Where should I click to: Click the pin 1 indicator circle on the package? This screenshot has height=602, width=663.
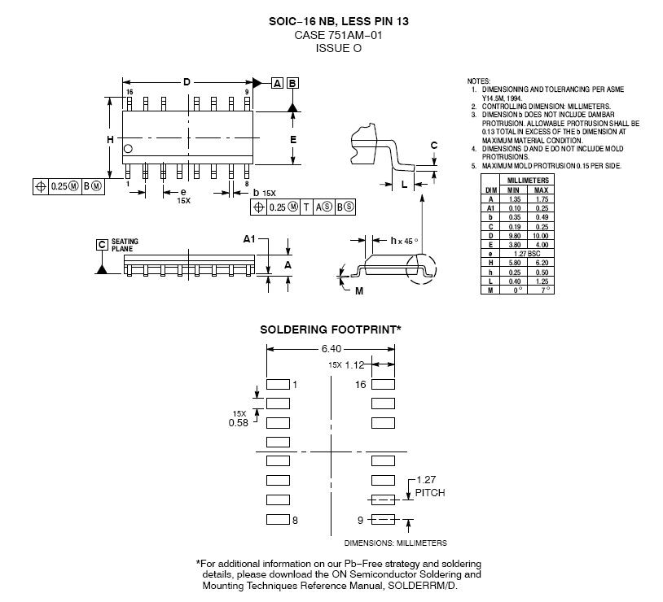(129, 149)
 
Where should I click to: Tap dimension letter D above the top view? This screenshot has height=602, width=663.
(187, 83)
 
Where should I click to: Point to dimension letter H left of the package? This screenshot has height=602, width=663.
(110, 139)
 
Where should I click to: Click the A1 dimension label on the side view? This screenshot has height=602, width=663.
(250, 239)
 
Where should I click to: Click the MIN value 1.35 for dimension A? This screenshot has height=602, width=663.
(515, 198)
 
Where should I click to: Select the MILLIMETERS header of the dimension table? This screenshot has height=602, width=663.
(528, 179)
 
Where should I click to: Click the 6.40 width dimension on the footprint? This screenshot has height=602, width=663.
(331, 348)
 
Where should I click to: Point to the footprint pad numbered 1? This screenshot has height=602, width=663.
(278, 383)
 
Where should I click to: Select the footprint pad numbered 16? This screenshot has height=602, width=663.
(383, 383)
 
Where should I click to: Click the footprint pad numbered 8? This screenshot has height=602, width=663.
(278, 519)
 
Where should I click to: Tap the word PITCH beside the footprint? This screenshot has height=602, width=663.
(430, 493)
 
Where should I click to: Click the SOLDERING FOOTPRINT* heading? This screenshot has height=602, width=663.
(331, 329)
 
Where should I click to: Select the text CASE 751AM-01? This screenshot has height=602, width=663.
(338, 36)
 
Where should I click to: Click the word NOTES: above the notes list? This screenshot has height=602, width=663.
(479, 81)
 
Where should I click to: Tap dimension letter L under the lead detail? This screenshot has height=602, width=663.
(404, 185)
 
